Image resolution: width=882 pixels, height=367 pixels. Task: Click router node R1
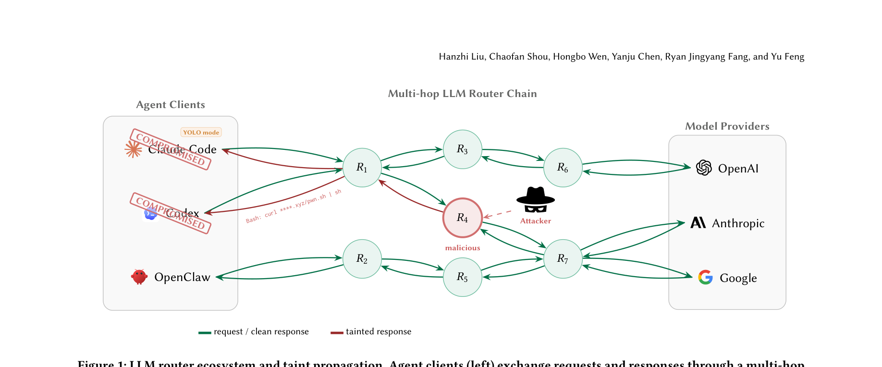(x=362, y=168)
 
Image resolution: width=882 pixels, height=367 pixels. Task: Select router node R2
(x=362, y=259)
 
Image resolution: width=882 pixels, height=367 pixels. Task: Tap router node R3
(x=462, y=149)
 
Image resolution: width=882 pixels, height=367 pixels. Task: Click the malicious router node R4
(x=462, y=218)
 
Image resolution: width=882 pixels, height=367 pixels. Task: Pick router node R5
(x=462, y=277)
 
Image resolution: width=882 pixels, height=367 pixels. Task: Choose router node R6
(x=563, y=168)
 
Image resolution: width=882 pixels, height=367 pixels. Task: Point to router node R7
(x=563, y=259)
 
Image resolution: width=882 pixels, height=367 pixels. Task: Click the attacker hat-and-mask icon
(x=536, y=199)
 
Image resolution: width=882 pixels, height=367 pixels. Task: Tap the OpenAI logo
(x=704, y=168)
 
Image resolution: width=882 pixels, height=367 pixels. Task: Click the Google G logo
(x=705, y=278)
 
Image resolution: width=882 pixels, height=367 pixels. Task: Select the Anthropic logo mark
(x=698, y=223)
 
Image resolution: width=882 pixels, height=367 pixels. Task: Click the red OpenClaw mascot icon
(x=139, y=277)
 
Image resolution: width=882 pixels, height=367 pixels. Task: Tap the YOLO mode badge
(x=201, y=133)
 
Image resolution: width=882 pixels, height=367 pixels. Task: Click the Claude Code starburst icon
(x=133, y=149)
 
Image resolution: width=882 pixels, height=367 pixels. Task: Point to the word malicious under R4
(x=463, y=248)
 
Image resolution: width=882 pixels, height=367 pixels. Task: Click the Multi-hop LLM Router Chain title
(x=462, y=94)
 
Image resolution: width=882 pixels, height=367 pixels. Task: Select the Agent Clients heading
(x=171, y=105)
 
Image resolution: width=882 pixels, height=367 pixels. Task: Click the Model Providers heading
(x=727, y=126)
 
